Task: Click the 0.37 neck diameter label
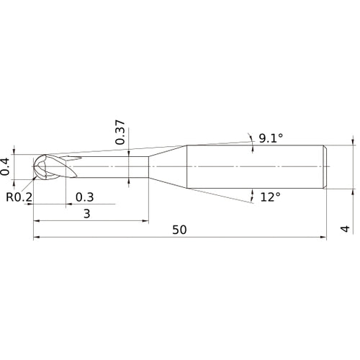coord(120,131)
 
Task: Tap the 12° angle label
coord(271,196)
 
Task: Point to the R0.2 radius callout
coord(19,196)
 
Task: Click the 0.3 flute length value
coord(84,197)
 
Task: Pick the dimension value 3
coord(87,214)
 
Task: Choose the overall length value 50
coord(180,230)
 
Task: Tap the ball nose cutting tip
coord(43,167)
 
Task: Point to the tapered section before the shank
coord(168,167)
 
